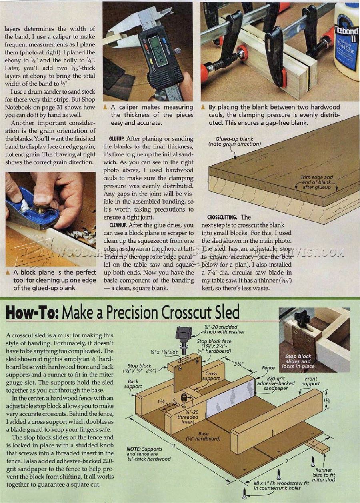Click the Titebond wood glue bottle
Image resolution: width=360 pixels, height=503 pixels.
coord(346,40)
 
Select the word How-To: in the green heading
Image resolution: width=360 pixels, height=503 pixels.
coord(33,312)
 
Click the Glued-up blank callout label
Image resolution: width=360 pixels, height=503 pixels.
coord(234,141)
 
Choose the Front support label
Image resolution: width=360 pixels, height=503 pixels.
coord(311,381)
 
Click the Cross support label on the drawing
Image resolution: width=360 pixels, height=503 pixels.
coord(211,376)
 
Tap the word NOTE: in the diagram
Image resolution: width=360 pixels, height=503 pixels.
coord(134,449)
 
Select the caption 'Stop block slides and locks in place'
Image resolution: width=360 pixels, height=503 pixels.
coord(298,361)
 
